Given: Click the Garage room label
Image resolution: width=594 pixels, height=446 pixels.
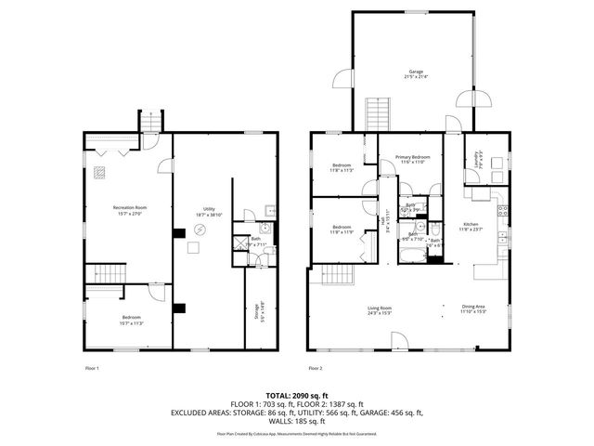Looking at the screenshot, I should click(x=416, y=73).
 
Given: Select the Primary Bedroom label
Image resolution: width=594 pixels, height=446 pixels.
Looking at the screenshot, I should click(x=409, y=160).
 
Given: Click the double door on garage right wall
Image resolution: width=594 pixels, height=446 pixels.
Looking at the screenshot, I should click(x=481, y=98).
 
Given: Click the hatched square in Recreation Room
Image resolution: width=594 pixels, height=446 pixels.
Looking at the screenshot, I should click(x=99, y=171).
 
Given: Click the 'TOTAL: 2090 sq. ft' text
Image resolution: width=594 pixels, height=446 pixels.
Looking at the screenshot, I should click(x=296, y=395).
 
